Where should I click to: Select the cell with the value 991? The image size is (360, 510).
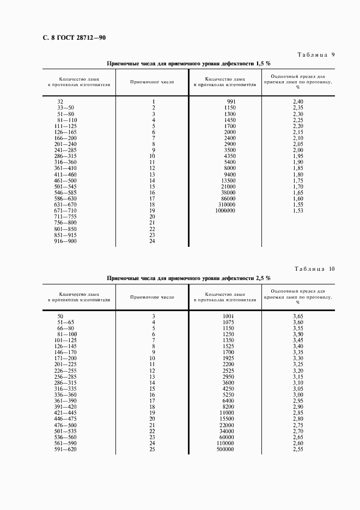[231, 101]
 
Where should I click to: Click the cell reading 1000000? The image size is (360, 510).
[225, 210]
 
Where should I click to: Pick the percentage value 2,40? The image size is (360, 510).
[297, 101]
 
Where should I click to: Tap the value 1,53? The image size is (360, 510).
[297, 210]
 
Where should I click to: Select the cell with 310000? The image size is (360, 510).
[227, 204]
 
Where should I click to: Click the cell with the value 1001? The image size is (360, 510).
[228, 316]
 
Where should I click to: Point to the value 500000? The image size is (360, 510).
[225, 449]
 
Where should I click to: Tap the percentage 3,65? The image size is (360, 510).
[297, 316]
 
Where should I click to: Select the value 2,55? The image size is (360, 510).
[297, 449]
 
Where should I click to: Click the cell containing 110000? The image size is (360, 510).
[225, 443]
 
